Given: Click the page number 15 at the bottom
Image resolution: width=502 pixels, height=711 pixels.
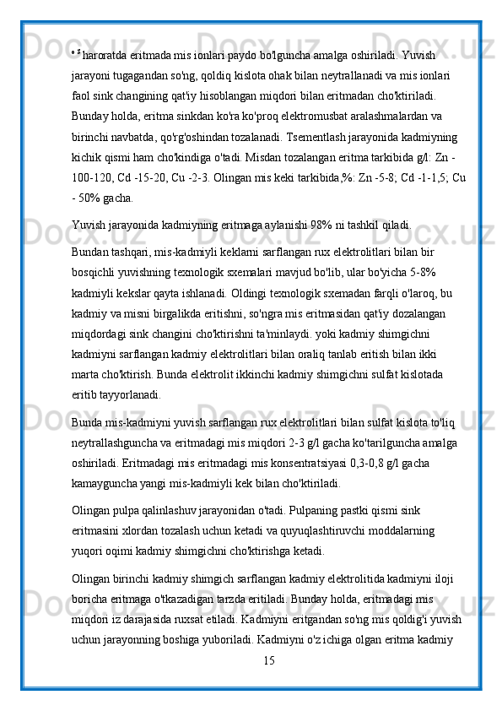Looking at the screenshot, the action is point(269,659).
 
